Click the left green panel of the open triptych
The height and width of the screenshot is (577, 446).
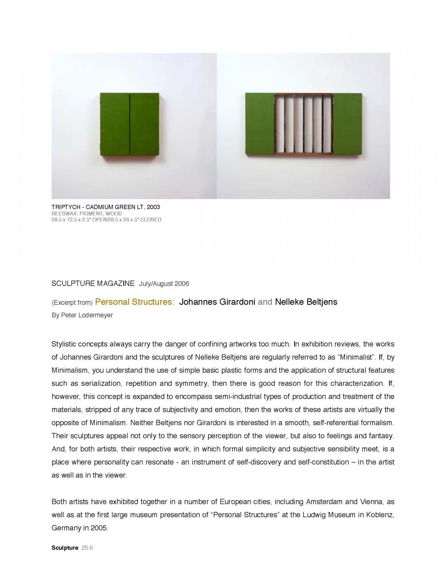coord(259,124)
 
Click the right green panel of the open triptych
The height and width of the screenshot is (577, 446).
coord(348,124)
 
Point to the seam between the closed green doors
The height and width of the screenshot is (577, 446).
coord(130,124)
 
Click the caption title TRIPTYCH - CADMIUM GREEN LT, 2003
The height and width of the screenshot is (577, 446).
coord(105,207)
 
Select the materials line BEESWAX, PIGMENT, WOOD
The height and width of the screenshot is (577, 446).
coord(87,213)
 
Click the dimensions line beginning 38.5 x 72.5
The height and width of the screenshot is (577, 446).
coord(106,220)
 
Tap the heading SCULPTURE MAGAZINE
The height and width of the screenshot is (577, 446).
coord(93,283)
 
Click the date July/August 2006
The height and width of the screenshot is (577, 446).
coord(164,284)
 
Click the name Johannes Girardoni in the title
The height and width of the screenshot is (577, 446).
coord(217,302)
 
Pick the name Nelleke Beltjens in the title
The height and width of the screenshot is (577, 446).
coord(306,302)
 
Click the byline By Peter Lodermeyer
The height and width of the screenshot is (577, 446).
coord(82,315)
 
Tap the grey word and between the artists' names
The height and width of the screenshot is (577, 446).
coord(265,302)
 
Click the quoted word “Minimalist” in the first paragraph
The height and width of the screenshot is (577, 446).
coord(357,357)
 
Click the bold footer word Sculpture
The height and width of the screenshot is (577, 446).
coord(65,548)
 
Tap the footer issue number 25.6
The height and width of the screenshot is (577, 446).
coord(87,548)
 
